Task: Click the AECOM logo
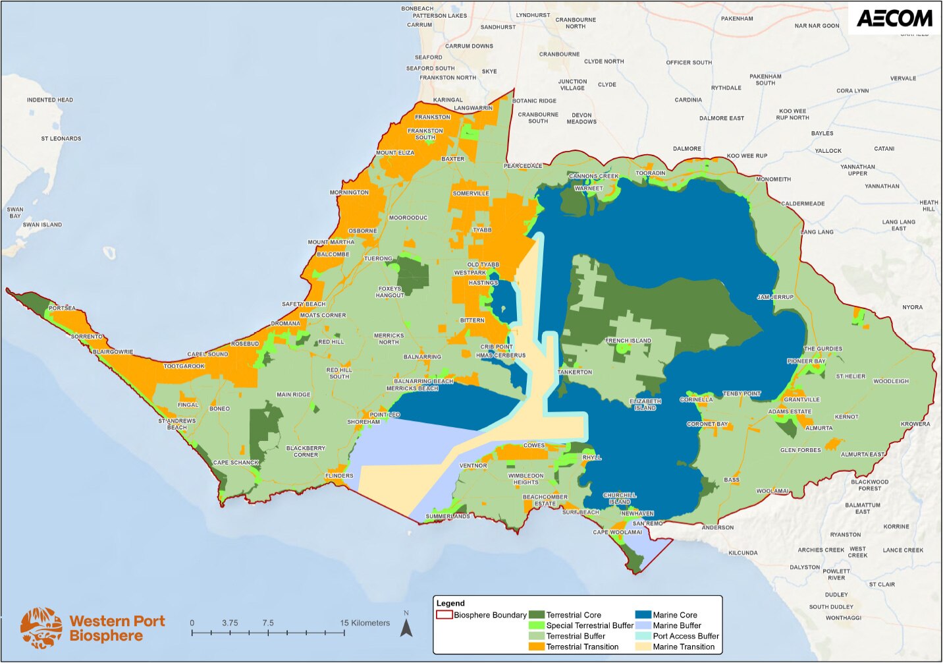tap(894, 18)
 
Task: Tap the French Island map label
tap(628, 341)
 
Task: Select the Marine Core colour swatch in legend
tap(643, 615)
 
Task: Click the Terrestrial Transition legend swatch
tap(537, 647)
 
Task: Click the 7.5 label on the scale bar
tap(267, 623)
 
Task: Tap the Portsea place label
tap(62, 308)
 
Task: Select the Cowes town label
tap(533, 446)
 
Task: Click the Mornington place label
tap(349, 192)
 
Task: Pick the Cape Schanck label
tap(236, 463)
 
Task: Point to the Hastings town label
tap(483, 283)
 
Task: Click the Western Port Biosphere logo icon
tap(41, 628)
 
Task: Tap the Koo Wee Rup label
tap(747, 156)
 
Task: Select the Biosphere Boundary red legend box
tap(445, 615)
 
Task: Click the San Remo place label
tap(647, 523)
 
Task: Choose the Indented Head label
tap(50, 100)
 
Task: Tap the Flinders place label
tap(339, 476)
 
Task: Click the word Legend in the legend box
tap(450, 603)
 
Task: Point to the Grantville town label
tap(801, 399)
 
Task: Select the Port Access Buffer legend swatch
tap(643, 636)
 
